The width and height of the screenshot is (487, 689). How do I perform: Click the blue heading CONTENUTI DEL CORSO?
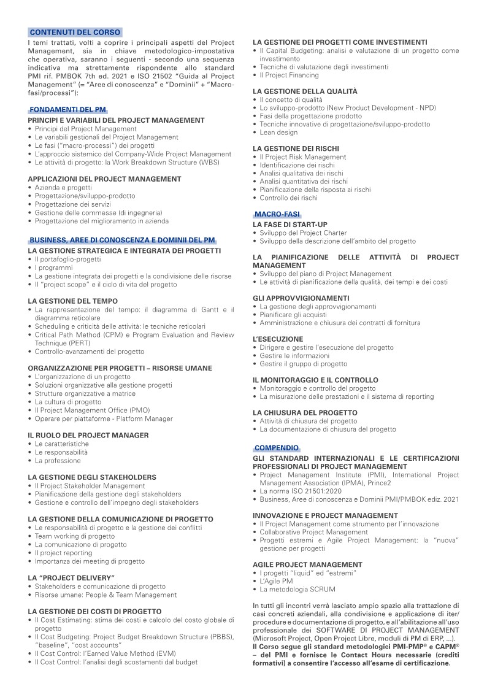75,32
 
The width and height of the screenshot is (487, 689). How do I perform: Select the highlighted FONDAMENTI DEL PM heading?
67,109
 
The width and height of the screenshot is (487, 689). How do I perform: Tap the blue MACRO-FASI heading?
277,214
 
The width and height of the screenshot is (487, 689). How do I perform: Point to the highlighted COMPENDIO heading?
277,448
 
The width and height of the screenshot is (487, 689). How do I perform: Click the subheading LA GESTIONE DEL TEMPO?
68,301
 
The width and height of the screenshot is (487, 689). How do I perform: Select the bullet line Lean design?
278,133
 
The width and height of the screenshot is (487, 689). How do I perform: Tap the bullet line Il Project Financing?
289,75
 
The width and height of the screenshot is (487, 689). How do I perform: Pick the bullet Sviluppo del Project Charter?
303,233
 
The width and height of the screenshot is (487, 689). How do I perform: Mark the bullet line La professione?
58,461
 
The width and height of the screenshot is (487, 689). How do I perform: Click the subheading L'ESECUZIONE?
278,339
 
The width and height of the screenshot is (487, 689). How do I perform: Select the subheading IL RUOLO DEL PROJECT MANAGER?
88,435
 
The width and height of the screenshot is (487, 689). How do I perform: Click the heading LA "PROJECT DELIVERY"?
71,577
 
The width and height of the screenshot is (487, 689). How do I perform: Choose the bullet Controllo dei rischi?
288,198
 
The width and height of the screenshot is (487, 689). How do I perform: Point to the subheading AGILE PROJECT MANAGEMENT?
307,564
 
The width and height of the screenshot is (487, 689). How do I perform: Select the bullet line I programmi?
53,268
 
